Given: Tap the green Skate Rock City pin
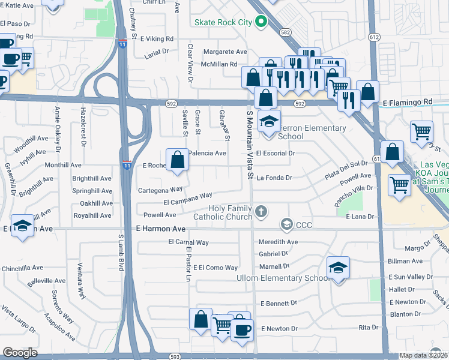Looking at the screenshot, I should click(261, 23).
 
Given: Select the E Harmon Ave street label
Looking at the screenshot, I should click(161, 229).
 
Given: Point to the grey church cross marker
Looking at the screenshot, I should click(261, 211).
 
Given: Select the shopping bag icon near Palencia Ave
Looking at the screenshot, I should click(177, 160).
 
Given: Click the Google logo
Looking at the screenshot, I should click(20, 353).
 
